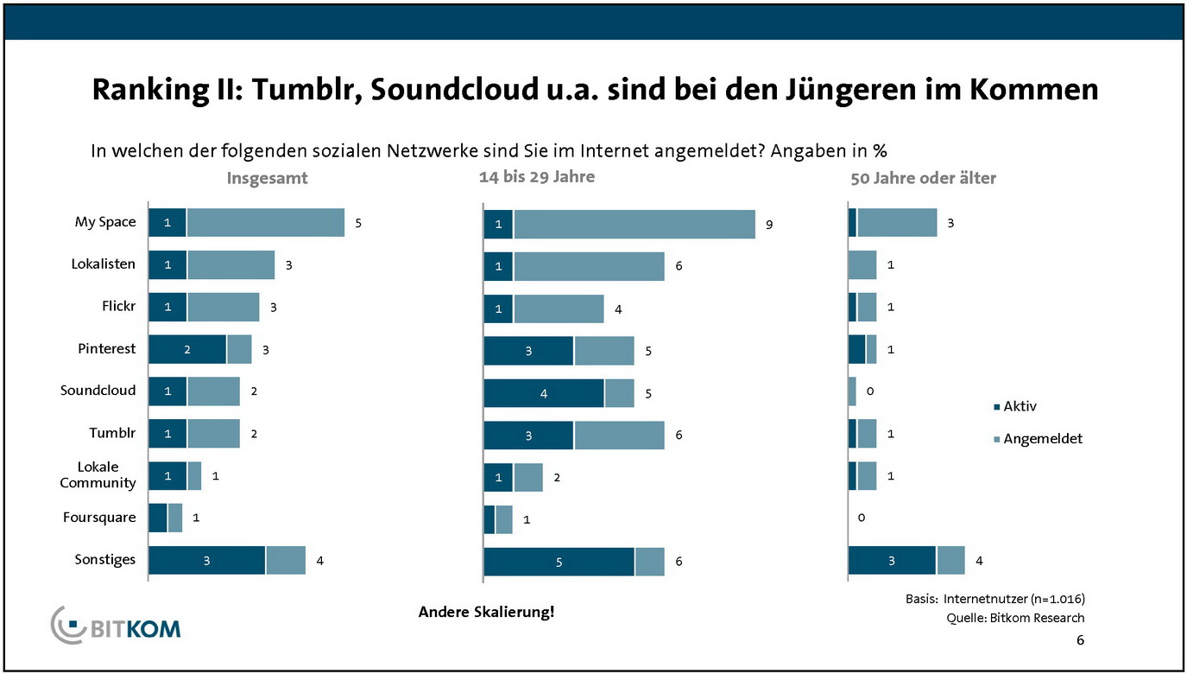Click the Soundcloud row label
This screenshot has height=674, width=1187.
click(98, 391)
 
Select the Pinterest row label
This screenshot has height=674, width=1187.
click(106, 349)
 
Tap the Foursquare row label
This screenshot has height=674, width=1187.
click(99, 518)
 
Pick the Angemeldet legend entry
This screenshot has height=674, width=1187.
click(1042, 439)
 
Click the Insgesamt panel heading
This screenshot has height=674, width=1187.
click(267, 178)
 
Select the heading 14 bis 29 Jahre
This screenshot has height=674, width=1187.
click(537, 177)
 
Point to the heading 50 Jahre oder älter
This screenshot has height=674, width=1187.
click(922, 178)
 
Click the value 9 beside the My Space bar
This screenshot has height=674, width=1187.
click(768, 224)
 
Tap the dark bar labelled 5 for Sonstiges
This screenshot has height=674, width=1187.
click(559, 562)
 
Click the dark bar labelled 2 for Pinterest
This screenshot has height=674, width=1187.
click(186, 349)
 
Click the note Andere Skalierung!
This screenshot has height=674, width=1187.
click(486, 612)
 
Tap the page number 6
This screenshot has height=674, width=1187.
click(1080, 640)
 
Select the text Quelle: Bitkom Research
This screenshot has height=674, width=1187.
click(1015, 618)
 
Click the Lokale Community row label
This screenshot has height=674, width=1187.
click(98, 475)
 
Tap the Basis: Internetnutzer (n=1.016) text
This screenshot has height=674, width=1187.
click(994, 599)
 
